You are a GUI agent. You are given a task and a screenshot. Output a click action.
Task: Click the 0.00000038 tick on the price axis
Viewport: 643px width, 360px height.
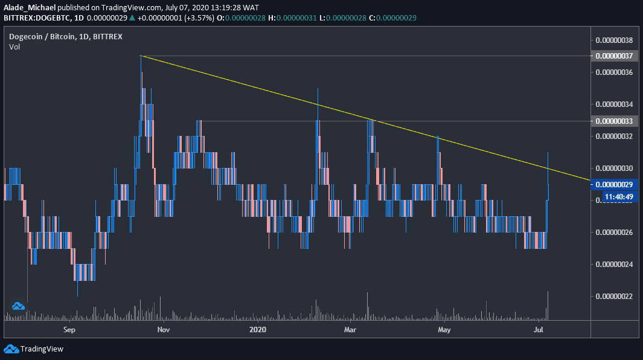click(614, 40)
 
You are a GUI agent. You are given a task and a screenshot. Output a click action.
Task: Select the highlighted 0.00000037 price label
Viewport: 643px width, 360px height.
click(614, 56)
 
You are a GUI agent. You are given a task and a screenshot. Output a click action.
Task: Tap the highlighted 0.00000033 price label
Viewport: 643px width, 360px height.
click(614, 121)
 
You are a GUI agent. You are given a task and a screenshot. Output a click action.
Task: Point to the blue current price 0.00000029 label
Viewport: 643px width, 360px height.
click(614, 184)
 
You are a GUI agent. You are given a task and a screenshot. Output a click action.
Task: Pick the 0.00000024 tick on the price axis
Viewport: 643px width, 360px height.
click(614, 263)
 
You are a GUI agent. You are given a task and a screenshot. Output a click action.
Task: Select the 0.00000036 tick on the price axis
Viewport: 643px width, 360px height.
click(614, 72)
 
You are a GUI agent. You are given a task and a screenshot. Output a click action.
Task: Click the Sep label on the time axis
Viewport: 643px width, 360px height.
click(69, 329)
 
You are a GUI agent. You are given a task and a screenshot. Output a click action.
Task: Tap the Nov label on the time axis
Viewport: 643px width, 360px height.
click(164, 329)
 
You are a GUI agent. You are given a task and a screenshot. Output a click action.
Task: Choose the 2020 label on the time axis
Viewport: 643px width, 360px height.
click(257, 329)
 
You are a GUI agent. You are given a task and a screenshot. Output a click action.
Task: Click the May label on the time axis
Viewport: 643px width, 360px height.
click(444, 329)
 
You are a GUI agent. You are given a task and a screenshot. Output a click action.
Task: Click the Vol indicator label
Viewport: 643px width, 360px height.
click(14, 47)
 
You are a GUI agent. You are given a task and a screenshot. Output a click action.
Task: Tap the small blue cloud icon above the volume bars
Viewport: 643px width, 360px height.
click(18, 306)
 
